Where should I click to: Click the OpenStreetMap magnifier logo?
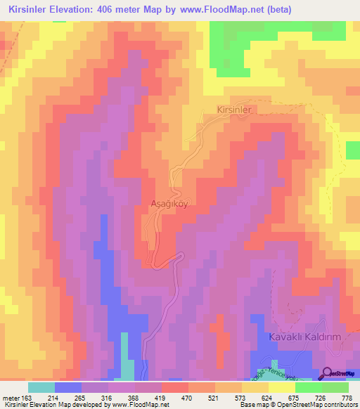[x=328, y=372]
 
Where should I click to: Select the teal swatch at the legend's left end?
[x=41, y=387]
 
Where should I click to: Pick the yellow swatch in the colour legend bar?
[x=268, y=387]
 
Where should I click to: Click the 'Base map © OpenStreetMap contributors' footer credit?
[x=297, y=405]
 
